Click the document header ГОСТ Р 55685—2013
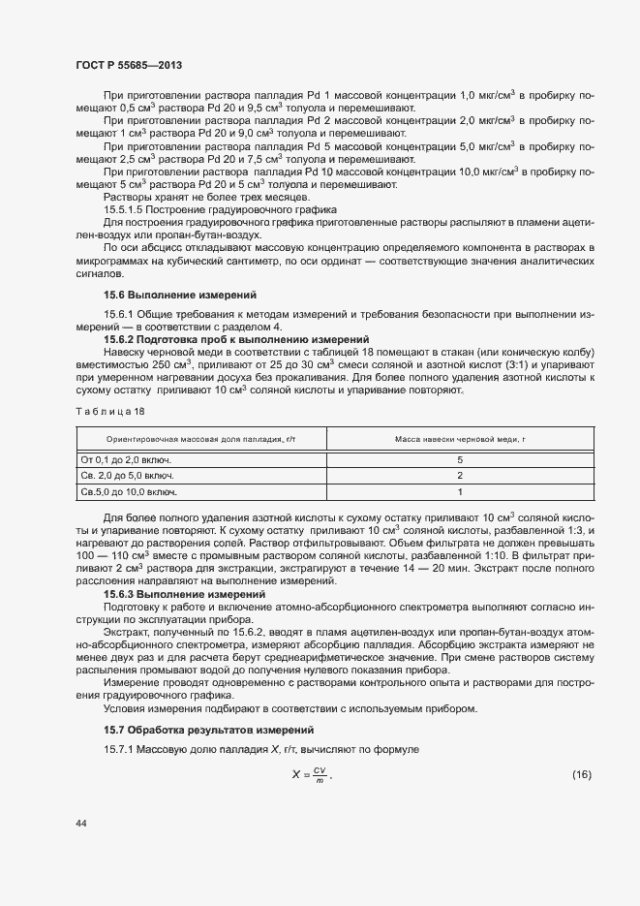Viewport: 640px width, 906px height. click(x=129, y=65)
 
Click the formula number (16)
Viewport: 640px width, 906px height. click(x=581, y=747)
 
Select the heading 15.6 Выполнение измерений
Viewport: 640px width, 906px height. click(x=166, y=295)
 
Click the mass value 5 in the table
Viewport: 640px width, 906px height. click(x=460, y=459)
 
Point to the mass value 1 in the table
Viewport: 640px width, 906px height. click(x=460, y=492)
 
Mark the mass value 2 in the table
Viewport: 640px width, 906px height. click(x=460, y=476)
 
